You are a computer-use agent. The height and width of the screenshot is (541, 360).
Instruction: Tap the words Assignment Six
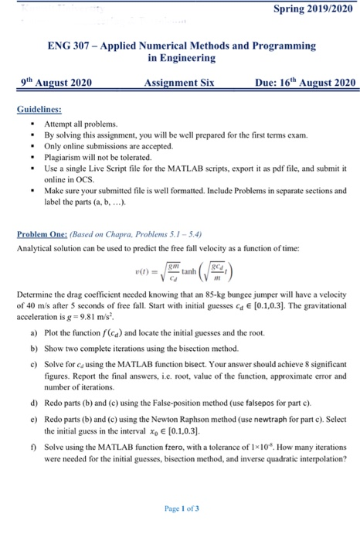178,83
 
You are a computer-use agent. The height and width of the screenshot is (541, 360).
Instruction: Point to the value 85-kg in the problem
236,296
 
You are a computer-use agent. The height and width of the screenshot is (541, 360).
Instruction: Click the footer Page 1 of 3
180,508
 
